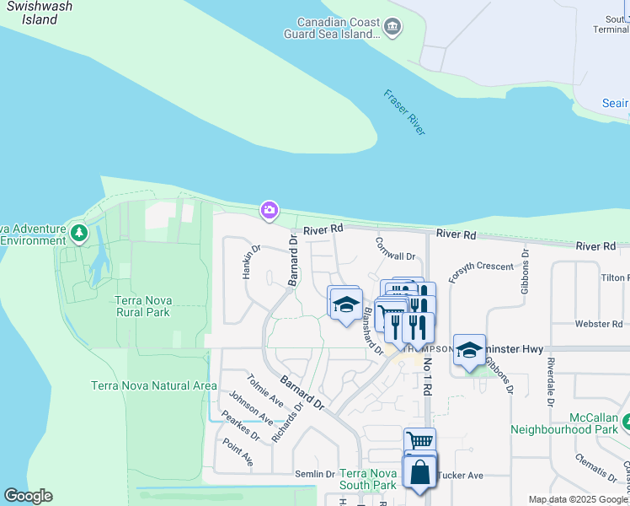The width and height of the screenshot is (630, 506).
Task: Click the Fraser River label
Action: tap(405, 112)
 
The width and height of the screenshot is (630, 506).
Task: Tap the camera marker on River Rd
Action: tap(270, 210)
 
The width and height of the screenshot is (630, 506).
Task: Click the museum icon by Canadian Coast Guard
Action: tap(392, 29)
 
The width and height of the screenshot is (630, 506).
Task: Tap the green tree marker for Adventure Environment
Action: tap(79, 232)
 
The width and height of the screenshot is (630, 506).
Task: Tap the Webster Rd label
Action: tap(598, 324)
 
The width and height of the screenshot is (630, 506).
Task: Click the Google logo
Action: tap(28, 496)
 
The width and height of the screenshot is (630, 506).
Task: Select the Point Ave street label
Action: tap(238, 453)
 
